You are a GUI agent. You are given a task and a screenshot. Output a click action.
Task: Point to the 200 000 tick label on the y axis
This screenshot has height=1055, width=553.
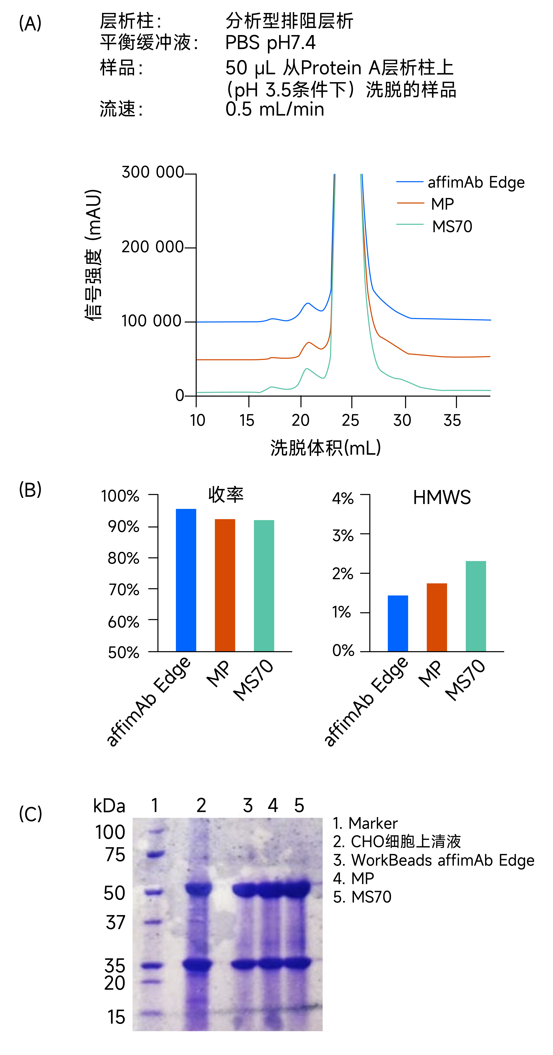[152, 247]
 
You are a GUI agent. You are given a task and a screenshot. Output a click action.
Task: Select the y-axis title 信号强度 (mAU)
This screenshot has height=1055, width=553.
[93, 255]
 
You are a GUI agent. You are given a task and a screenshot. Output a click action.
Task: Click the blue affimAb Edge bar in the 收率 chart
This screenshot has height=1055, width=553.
[186, 580]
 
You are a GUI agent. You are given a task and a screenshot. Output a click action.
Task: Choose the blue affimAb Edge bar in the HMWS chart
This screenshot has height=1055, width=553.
[398, 623]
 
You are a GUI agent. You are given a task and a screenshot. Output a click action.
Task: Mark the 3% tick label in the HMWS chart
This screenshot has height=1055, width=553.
[343, 535]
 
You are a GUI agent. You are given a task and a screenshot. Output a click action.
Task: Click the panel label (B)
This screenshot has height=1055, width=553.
[30, 489]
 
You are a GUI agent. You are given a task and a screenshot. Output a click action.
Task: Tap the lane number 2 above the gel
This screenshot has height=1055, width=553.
[201, 806]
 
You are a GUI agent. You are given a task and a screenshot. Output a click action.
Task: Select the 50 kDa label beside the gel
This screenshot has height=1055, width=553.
[114, 893]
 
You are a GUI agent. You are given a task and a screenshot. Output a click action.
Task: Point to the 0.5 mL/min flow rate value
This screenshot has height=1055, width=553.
[275, 109]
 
